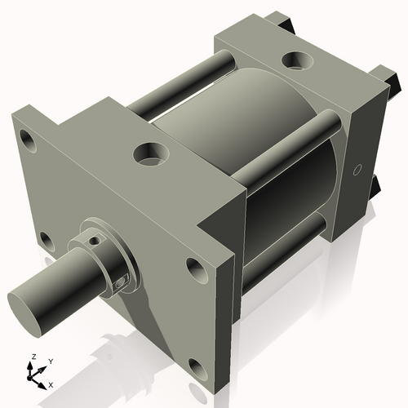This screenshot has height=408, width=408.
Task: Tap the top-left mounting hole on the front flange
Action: click(29, 142)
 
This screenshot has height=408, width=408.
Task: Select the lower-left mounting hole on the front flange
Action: click(47, 242)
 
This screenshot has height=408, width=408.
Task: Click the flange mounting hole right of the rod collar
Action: click(197, 267)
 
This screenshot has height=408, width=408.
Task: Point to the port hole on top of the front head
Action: click(151, 153)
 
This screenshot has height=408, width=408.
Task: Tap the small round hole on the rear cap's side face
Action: click(356, 171)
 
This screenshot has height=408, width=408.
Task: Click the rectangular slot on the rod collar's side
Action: click(122, 282)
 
